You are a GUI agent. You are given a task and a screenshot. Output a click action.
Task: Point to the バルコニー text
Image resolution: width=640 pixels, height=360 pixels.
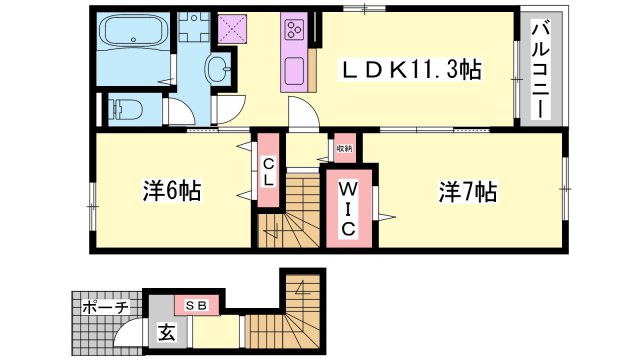point(537,70)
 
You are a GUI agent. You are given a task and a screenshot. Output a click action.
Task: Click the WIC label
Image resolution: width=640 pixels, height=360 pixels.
point(346,208)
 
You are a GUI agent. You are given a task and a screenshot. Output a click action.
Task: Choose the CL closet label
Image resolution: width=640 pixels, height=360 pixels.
point(269,173)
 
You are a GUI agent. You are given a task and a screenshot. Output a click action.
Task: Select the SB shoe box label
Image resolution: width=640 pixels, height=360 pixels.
point(193,305)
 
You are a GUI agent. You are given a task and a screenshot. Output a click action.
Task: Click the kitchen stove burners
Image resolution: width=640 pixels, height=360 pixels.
point(297,33)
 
